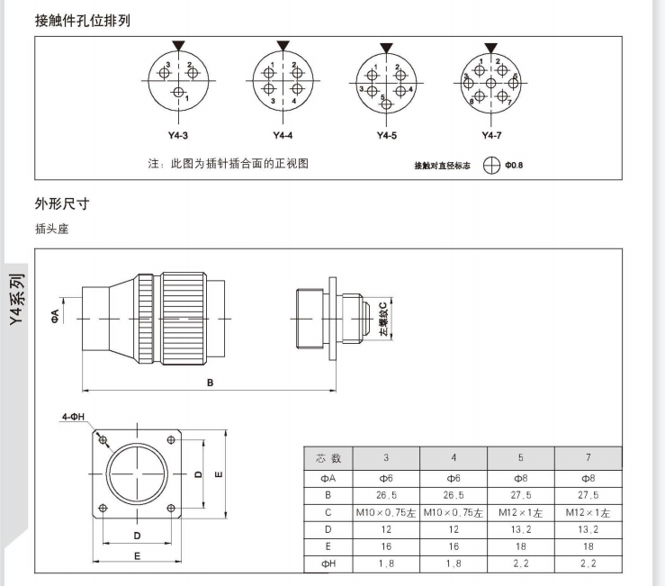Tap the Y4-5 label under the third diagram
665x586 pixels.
point(386,136)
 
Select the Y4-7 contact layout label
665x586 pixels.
point(490,136)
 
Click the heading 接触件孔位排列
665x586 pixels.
point(82,19)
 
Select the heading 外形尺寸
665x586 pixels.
point(62,203)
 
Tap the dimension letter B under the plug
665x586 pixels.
point(210,383)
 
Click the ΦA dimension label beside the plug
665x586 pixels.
point(56,314)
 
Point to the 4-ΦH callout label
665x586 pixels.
point(74,418)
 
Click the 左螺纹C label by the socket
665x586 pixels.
point(383,319)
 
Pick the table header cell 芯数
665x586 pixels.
point(329,457)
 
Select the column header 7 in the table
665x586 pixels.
point(589,457)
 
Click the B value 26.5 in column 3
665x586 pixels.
point(386,495)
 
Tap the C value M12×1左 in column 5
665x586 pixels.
point(521,512)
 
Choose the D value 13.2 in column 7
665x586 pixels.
point(589,529)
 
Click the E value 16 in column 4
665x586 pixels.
point(454,546)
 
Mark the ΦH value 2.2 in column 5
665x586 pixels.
point(521,564)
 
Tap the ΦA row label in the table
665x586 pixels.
point(329,478)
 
